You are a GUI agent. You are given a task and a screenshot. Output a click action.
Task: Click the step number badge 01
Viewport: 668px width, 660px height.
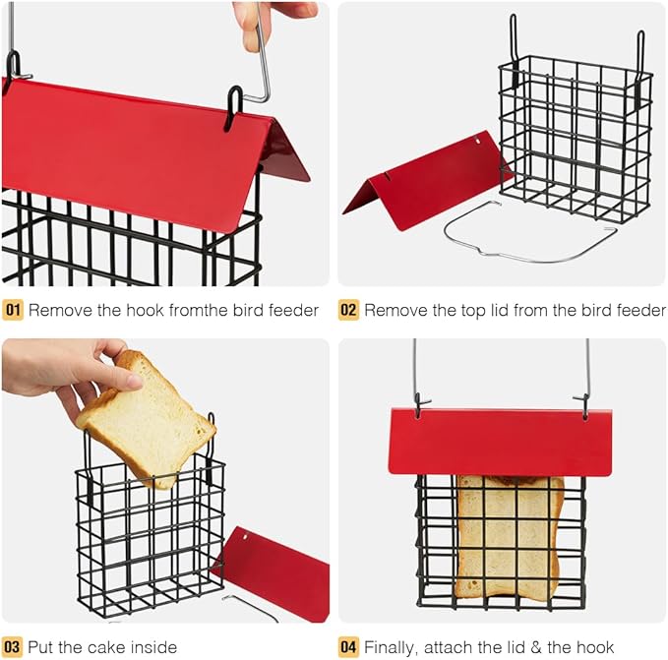tap(13, 311)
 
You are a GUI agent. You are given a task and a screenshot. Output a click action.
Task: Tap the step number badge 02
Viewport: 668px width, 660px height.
tap(349, 311)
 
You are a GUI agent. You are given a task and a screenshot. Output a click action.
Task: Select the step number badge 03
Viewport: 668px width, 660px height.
tap(13, 646)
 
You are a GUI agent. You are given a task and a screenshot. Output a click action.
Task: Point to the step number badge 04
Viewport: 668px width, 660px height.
tap(349, 646)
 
